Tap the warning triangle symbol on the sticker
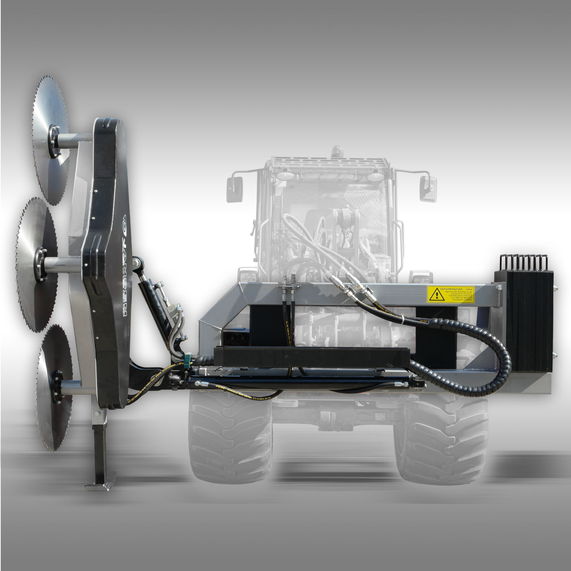[436, 295]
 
